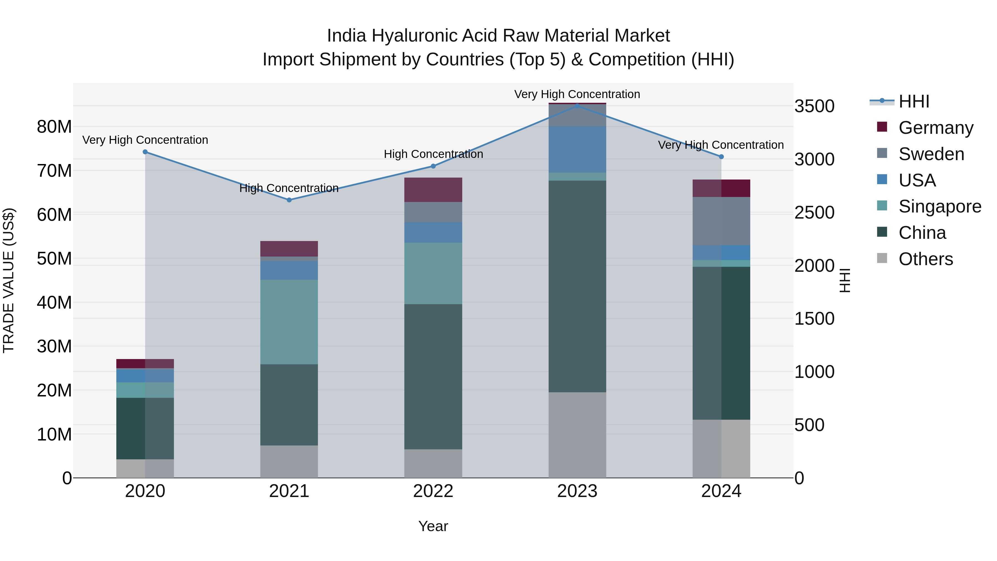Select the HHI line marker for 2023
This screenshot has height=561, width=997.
577,106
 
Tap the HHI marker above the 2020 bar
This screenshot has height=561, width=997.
145,152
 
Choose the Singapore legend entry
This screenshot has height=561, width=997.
939,206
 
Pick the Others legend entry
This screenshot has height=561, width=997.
925,259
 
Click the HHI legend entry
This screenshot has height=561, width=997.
913,101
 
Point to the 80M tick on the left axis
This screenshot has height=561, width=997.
54,127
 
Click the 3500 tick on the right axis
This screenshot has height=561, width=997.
814,106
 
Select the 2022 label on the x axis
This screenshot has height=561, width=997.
433,491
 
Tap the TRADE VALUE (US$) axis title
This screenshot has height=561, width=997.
9,280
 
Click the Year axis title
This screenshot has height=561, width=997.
433,526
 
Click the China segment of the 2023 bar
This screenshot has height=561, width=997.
577,286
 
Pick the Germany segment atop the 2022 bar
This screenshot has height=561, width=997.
433,190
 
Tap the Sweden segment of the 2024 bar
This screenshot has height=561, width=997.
721,221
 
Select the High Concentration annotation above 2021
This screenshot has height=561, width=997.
289,188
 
